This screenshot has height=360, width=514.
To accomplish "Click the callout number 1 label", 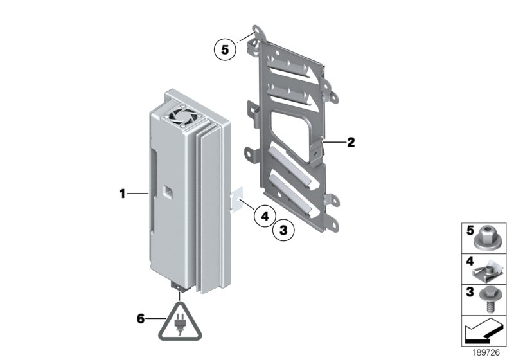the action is tap(122, 194).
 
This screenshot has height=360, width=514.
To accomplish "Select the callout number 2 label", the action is tap(351, 142).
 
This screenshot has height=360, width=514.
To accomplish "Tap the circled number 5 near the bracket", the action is tap(225, 50).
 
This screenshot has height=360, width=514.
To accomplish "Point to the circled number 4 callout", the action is tap(265, 216).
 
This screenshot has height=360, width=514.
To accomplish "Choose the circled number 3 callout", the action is tap(283, 230).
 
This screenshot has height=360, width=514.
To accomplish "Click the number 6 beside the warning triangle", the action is tap(141, 318).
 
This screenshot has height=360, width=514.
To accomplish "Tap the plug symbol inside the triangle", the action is tap(180, 324).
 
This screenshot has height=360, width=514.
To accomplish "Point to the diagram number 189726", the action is tap(486, 352).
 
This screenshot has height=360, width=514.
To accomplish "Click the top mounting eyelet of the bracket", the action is tap(260, 30).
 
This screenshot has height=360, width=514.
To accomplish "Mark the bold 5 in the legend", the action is tap(470, 231).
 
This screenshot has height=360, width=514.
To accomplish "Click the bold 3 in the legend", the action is tap(470, 291).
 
